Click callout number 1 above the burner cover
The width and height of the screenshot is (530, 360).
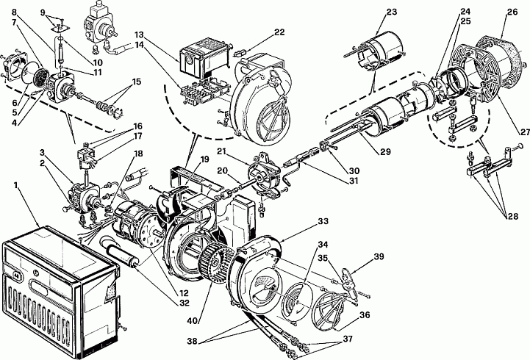click(15, 185)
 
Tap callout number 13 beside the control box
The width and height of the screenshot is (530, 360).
click(139, 35)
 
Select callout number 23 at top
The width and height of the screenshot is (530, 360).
click(392, 12)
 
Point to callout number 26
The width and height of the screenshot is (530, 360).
click(512, 12)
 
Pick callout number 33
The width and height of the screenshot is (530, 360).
click(323, 221)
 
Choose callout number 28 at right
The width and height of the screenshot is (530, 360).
click(512, 216)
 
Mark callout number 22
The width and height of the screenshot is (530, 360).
click(279, 32)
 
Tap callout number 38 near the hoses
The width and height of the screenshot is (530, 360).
click(193, 342)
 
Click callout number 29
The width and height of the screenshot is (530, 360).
click(385, 151)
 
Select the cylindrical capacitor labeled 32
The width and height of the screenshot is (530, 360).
click(120, 251)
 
